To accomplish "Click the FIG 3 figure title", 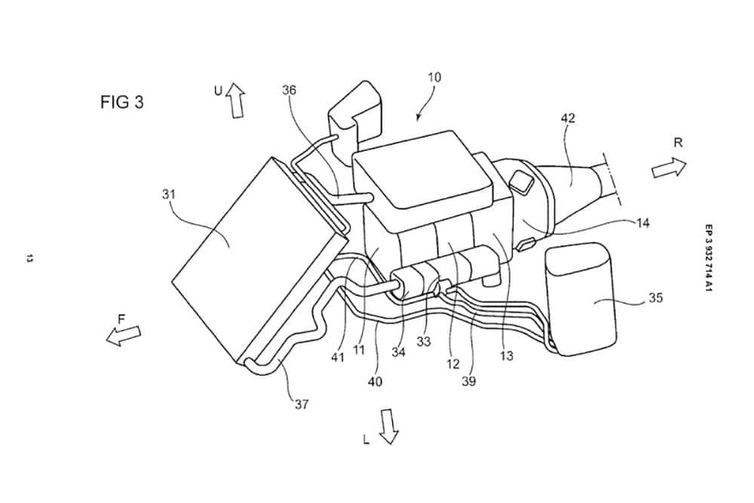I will pos(121,103).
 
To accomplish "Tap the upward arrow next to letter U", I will pos(237,100).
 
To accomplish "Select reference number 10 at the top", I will pos(434,77).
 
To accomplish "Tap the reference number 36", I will pos(289,90).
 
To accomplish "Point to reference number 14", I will pos(642,222).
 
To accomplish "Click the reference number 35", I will pos(655,298).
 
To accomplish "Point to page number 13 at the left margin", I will pos(29,259).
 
